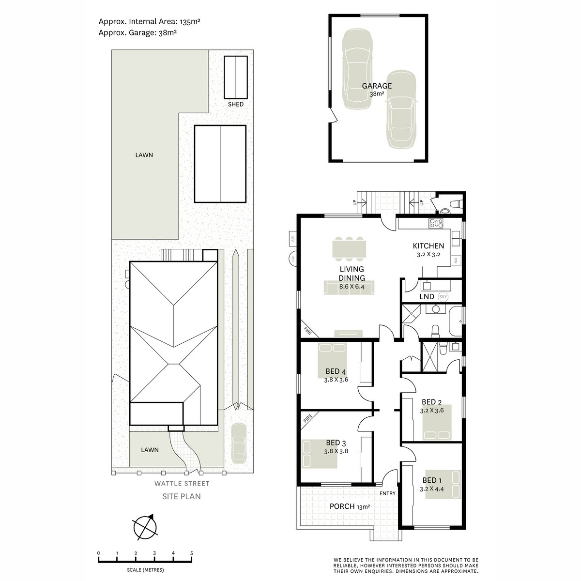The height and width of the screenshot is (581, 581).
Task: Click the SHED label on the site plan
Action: [235, 104]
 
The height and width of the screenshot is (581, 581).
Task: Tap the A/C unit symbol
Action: [292, 239]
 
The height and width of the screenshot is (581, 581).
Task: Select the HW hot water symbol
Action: [293, 259]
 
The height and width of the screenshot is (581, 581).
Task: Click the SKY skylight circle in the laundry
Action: [443, 297]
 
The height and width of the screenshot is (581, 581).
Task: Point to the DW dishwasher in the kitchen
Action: [455, 260]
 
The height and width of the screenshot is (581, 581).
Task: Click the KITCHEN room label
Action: [428, 246]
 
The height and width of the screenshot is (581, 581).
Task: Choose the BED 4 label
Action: [336, 371]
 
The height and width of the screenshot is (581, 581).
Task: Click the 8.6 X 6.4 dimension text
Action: [352, 287]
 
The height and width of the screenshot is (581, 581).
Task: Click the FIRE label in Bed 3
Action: [307, 419]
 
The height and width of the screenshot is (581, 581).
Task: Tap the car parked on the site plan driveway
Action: [239, 443]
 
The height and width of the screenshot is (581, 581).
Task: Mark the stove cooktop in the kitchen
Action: [436, 223]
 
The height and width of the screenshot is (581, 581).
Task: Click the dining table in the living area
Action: [349, 249]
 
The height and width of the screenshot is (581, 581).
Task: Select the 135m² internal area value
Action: [190, 21]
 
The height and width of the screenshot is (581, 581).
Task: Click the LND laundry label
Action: [427, 297]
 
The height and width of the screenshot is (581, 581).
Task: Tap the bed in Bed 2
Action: [437, 423]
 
